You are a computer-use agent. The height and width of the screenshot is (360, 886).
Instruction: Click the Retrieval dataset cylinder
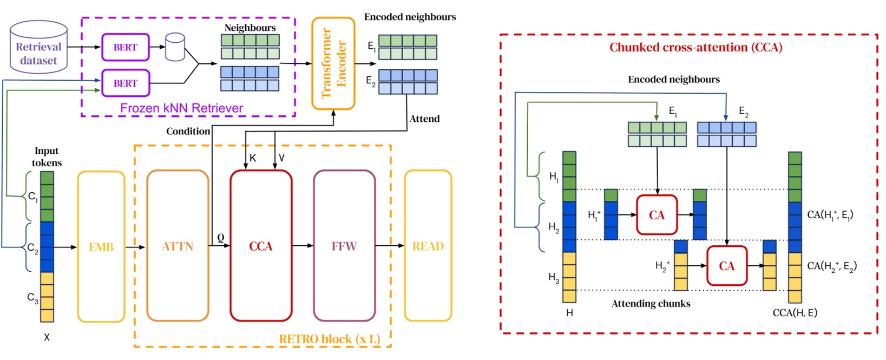coord(38,48)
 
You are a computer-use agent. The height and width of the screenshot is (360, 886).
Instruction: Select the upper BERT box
coord(125,47)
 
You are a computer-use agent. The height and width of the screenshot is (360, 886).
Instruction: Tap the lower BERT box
coord(125,83)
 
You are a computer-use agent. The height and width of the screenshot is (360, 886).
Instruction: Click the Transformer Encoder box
coord(333,63)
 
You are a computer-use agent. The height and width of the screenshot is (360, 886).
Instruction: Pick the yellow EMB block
coord(101,247)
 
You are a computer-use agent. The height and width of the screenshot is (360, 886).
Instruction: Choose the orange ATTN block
coord(178,246)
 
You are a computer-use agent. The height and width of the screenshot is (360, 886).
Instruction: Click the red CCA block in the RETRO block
coord(261,246)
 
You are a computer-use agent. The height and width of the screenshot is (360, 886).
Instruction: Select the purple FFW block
coord(344,246)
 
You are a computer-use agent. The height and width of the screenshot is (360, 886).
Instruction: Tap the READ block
coord(428,246)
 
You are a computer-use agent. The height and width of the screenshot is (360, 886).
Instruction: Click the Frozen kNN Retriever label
coord(181,108)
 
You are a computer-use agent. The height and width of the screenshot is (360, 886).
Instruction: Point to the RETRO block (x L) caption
coord(329,339)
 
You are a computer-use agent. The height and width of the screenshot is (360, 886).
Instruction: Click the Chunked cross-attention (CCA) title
coord(695,48)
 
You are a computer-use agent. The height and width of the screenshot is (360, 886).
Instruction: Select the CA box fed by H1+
coord(657,215)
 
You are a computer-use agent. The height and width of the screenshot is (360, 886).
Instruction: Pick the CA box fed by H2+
coord(726,266)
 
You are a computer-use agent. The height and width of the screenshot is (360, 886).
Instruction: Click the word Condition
coord(188,132)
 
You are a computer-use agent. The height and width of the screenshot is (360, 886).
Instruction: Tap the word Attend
coord(424,119)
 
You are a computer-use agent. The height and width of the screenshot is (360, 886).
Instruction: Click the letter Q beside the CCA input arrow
coord(221,238)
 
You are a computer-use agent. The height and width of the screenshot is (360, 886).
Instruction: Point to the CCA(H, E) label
coord(795,313)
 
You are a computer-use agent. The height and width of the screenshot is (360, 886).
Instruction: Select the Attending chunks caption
coord(651,304)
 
